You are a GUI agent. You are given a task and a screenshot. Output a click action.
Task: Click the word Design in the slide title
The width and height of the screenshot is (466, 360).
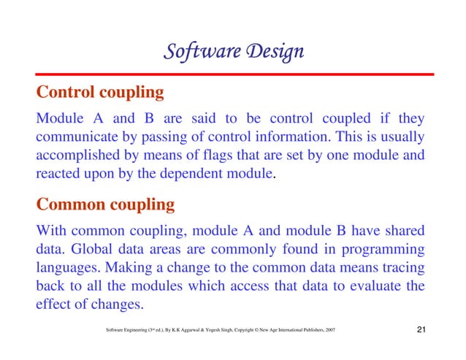pos(275,53)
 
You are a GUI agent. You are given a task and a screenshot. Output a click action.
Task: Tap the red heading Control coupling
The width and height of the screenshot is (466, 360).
pos(99,93)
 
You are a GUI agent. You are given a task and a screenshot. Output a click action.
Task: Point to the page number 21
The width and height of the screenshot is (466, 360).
pos(421,333)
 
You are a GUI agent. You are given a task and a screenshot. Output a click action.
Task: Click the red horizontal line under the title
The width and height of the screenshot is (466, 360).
pos(233,74)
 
